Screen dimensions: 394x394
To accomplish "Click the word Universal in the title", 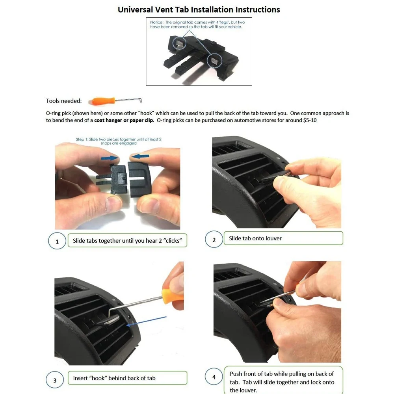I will (136, 10).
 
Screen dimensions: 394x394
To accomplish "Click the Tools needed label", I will (64, 101).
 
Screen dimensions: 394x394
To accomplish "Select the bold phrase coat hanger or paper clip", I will (124, 120).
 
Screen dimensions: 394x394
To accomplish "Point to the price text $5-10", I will (310, 120).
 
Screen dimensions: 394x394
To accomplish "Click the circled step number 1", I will (57, 242).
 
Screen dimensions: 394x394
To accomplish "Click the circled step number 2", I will (214, 240).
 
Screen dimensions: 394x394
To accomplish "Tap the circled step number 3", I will (55, 380).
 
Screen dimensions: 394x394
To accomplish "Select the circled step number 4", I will (214, 377).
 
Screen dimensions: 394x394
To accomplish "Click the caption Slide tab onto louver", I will (255, 238).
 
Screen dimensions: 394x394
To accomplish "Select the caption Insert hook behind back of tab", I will (114, 378).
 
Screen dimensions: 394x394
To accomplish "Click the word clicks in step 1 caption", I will (172, 241).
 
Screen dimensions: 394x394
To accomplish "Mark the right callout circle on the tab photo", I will (214, 60).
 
